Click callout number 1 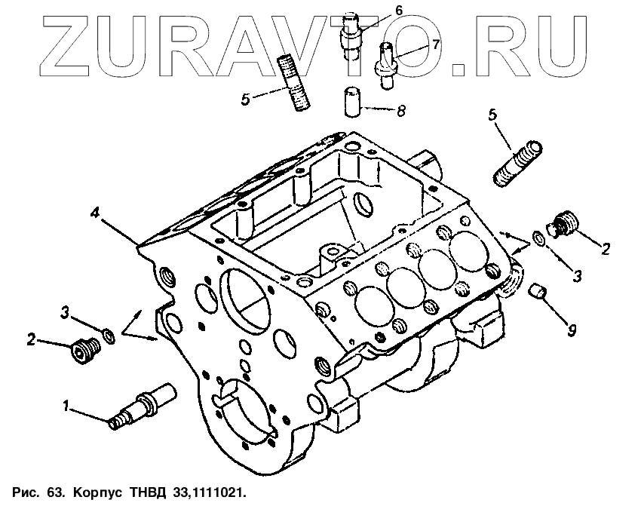67,406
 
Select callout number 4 95,213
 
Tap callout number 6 398,10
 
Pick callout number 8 400,111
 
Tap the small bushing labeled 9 537,292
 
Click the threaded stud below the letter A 293,81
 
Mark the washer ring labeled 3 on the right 538,240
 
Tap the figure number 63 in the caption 54,492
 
